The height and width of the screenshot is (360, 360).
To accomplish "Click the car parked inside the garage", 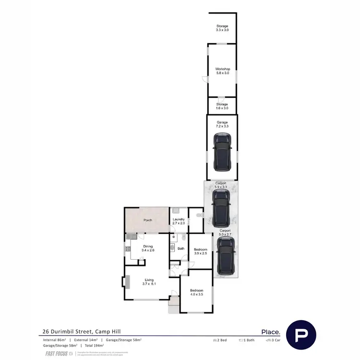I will coord(222,152).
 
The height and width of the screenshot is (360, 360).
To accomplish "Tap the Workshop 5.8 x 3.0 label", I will coord(222,71).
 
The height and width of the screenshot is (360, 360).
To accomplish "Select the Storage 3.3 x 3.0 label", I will coord(222,28).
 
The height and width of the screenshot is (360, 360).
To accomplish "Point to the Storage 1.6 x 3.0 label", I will coord(222,106).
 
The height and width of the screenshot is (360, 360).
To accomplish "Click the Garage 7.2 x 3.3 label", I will coord(222,124).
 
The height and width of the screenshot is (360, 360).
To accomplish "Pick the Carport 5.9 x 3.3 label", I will coord(221,185).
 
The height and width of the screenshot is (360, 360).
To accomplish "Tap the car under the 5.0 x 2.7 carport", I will coord(225,257).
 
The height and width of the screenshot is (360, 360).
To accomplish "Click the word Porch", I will coord(148,220).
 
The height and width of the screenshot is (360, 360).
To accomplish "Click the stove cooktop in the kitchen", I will coord(128,249).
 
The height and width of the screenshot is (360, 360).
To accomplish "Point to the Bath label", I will coord(181,249).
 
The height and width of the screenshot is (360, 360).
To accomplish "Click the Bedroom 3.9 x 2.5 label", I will coord(200,252).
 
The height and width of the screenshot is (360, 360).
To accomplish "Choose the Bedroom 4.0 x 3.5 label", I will coord(196,292).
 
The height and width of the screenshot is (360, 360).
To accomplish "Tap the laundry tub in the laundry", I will coord(176,210).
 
